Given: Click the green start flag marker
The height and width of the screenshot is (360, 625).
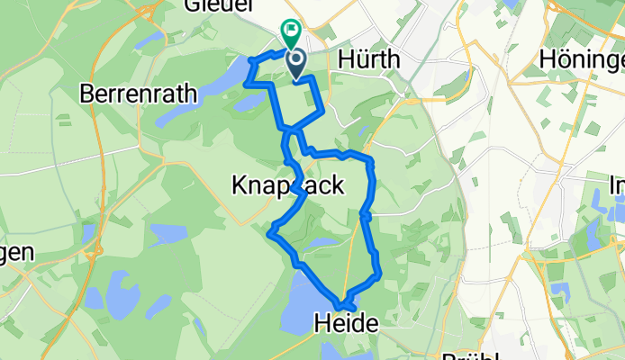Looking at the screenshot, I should (292, 34).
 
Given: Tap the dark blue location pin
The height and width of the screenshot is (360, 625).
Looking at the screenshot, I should (296, 64).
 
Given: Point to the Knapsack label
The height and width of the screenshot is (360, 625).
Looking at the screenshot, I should (287, 186).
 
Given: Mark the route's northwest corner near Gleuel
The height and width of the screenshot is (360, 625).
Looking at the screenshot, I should (251, 60).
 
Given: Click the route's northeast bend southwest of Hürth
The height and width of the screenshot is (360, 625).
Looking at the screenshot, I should (322, 111).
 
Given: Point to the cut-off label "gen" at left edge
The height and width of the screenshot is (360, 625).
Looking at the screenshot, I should (16, 253).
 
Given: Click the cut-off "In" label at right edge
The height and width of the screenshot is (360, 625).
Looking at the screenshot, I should (616, 186).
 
